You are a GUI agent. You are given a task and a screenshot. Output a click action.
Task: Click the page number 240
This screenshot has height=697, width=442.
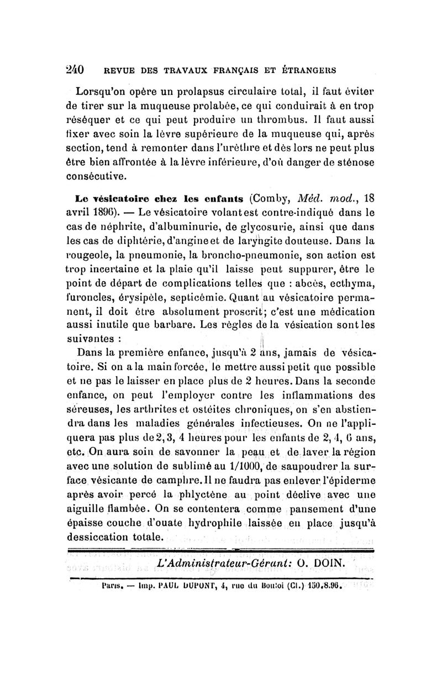(x=74, y=70)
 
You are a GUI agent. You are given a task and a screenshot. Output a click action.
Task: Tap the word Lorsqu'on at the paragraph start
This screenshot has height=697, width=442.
(x=103, y=91)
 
